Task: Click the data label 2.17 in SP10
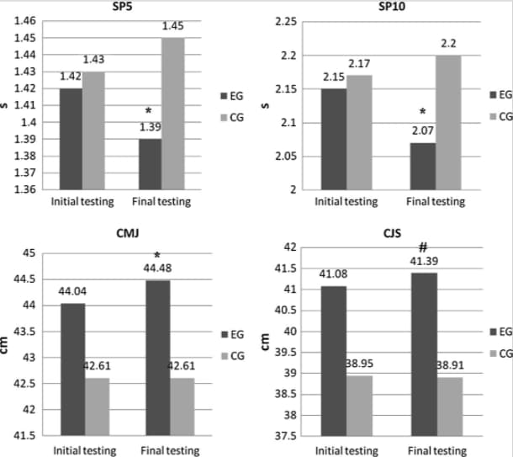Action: pyautogui.click(x=359, y=65)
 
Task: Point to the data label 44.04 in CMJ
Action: pyautogui.click(x=72, y=291)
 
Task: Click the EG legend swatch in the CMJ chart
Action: pyautogui.click(x=225, y=335)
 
